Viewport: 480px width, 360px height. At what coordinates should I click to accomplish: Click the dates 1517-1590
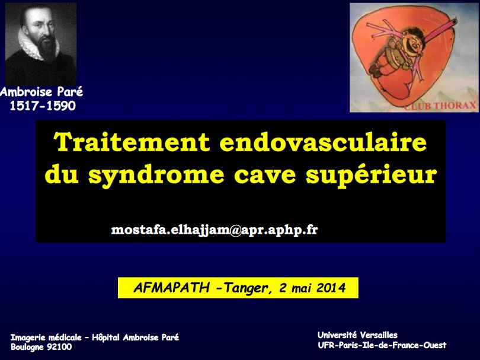point(43,106)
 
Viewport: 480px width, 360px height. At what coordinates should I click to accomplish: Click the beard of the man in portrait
point(43,53)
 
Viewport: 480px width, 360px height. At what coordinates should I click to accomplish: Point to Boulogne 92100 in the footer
point(41,347)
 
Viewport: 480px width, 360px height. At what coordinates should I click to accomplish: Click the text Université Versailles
point(357,335)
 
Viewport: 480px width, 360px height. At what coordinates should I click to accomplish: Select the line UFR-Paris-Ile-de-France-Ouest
point(382,345)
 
